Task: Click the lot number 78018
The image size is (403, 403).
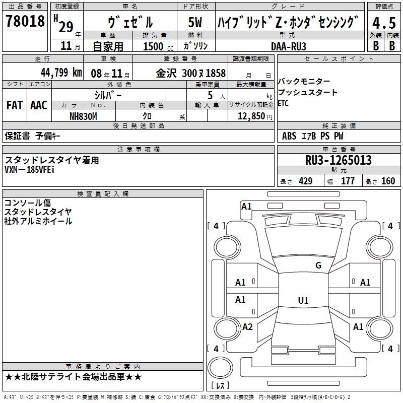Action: tap(25, 22)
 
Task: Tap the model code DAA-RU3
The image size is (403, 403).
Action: tap(288, 46)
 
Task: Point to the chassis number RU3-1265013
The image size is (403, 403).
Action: tap(339, 160)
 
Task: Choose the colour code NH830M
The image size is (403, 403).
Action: tap(83, 116)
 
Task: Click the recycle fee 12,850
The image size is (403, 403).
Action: tap(250, 116)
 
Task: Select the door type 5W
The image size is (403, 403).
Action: tap(195, 22)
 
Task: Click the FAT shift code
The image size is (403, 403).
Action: tap(14, 105)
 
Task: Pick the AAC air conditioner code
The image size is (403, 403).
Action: tap(38, 105)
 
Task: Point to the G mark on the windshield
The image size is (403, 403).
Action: tap(318, 265)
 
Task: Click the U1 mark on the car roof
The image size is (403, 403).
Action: tap(303, 301)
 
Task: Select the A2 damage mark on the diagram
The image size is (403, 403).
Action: tap(247, 327)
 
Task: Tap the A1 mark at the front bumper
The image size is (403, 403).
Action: tap(246, 206)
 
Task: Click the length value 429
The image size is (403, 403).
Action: tap(305, 181)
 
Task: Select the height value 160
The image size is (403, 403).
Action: tap(388, 181)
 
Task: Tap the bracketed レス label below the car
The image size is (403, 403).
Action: tap(220, 386)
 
